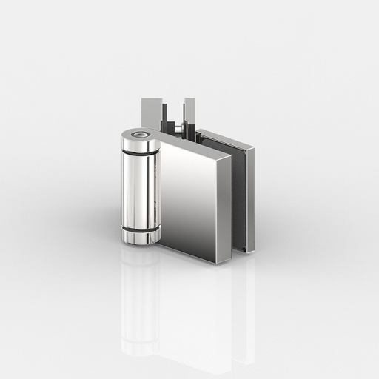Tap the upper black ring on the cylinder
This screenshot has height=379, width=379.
(140, 153)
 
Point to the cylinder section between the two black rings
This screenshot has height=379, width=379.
(140, 191)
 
